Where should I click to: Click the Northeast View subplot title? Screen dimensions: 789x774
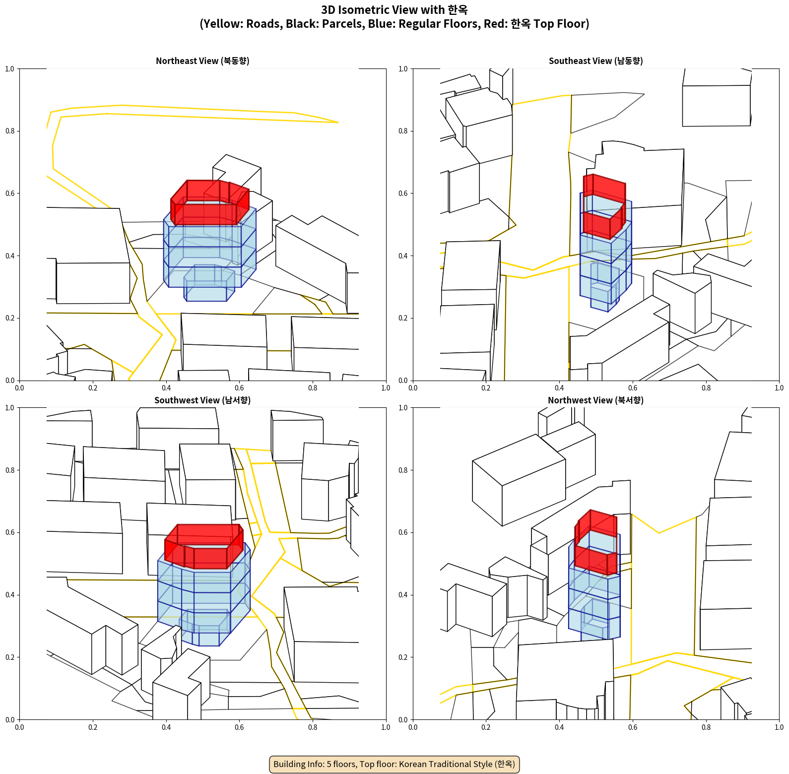(x=202, y=61)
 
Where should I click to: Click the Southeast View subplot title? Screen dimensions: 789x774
(x=595, y=61)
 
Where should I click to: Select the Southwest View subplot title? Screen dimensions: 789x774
(x=202, y=400)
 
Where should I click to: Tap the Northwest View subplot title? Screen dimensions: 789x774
(x=595, y=400)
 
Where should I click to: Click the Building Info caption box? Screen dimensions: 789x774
(x=394, y=764)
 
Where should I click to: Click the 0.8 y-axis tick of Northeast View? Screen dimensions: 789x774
(x=9, y=131)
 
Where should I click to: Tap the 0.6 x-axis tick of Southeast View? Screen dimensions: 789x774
(x=633, y=388)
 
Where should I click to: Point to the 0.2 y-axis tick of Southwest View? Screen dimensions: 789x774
(x=9, y=657)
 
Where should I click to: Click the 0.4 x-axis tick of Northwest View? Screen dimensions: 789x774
(x=559, y=727)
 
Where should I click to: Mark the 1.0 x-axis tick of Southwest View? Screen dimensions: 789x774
(x=386, y=727)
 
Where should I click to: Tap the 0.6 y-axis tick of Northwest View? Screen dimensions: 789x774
(x=403, y=532)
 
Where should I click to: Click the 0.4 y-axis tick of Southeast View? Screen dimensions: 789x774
(x=403, y=256)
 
